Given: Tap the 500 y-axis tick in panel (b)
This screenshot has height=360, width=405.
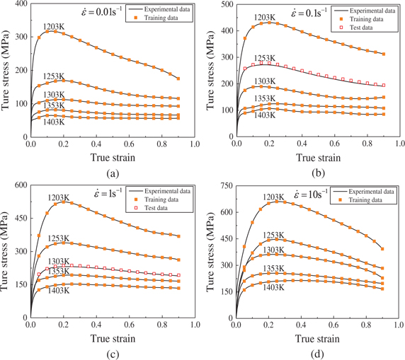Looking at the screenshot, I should (x=225, y=4).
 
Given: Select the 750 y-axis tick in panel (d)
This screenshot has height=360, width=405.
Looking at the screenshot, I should (x=225, y=186).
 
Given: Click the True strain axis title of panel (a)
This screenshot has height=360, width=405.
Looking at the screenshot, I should (x=105, y=158).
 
